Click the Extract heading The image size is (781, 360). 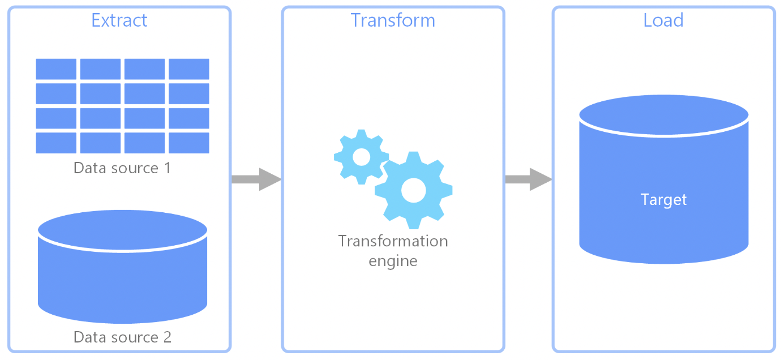pyautogui.click(x=119, y=20)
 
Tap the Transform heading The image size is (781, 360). pyautogui.click(x=393, y=20)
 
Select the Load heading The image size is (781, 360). pyautogui.click(x=663, y=20)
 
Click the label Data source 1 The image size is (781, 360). pyautogui.click(x=122, y=168)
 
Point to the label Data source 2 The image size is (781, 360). pyautogui.click(x=122, y=337)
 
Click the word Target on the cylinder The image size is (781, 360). pyautogui.click(x=664, y=200)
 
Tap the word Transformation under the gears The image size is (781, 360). pyautogui.click(x=393, y=241)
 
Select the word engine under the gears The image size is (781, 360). pyautogui.click(x=393, y=262)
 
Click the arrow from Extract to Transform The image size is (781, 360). pyautogui.click(x=256, y=179)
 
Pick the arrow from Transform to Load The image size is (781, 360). pyautogui.click(x=529, y=179)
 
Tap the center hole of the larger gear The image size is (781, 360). pyautogui.click(x=414, y=190)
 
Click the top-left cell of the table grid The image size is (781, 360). pyautogui.click(x=56, y=69)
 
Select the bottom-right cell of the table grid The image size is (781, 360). pyautogui.click(x=189, y=143)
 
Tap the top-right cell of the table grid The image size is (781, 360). pyautogui.click(x=189, y=69)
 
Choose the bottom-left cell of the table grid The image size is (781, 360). pyautogui.click(x=56, y=143)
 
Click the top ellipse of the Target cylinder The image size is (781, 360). pyautogui.click(x=664, y=115)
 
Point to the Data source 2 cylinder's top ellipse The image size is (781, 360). pyautogui.click(x=122, y=230)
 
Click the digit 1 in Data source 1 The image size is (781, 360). pyautogui.click(x=168, y=168)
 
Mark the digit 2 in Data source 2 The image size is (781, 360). pyautogui.click(x=168, y=337)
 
